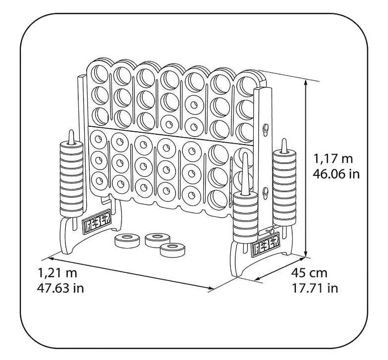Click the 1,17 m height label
333,158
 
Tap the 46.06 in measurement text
336,174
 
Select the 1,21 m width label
57,273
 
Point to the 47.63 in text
60,288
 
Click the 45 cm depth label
309,273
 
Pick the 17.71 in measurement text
315,288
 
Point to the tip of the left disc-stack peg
71,131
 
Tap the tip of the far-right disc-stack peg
284,140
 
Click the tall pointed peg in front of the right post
245,173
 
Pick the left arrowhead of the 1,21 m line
51,258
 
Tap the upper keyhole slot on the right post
266,129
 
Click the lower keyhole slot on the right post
266,193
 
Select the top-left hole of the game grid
100,74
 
